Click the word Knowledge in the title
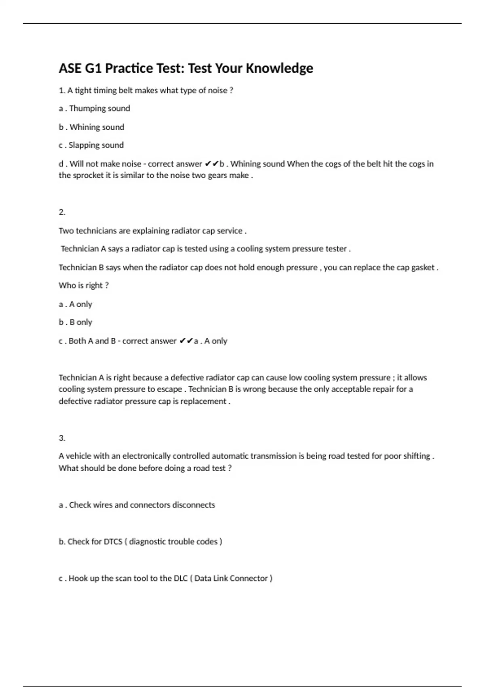pyautogui.click(x=279, y=68)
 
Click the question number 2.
pyautogui.click(x=62, y=212)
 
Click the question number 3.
pyautogui.click(x=62, y=438)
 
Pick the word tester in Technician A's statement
pyautogui.click(x=336, y=249)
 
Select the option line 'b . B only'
pyautogui.click(x=76, y=322)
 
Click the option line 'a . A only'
pyautogui.click(x=76, y=304)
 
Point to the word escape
pyautogui.click(x=169, y=389)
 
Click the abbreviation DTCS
pyautogui.click(x=113, y=542)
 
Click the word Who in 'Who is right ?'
pyautogui.click(x=67, y=286)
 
